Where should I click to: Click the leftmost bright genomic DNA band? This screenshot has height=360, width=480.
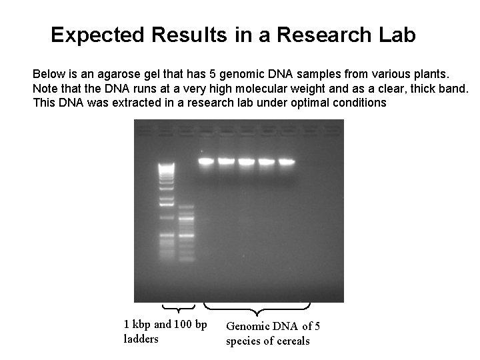pos(206,161)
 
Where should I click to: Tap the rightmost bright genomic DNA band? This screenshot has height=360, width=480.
pos(286,161)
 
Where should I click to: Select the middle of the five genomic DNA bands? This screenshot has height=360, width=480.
pos(246,161)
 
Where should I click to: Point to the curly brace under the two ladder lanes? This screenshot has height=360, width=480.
pos(179,308)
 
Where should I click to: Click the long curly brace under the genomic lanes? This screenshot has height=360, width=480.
pos(257,309)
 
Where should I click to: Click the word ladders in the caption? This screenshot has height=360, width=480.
pos(140,339)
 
